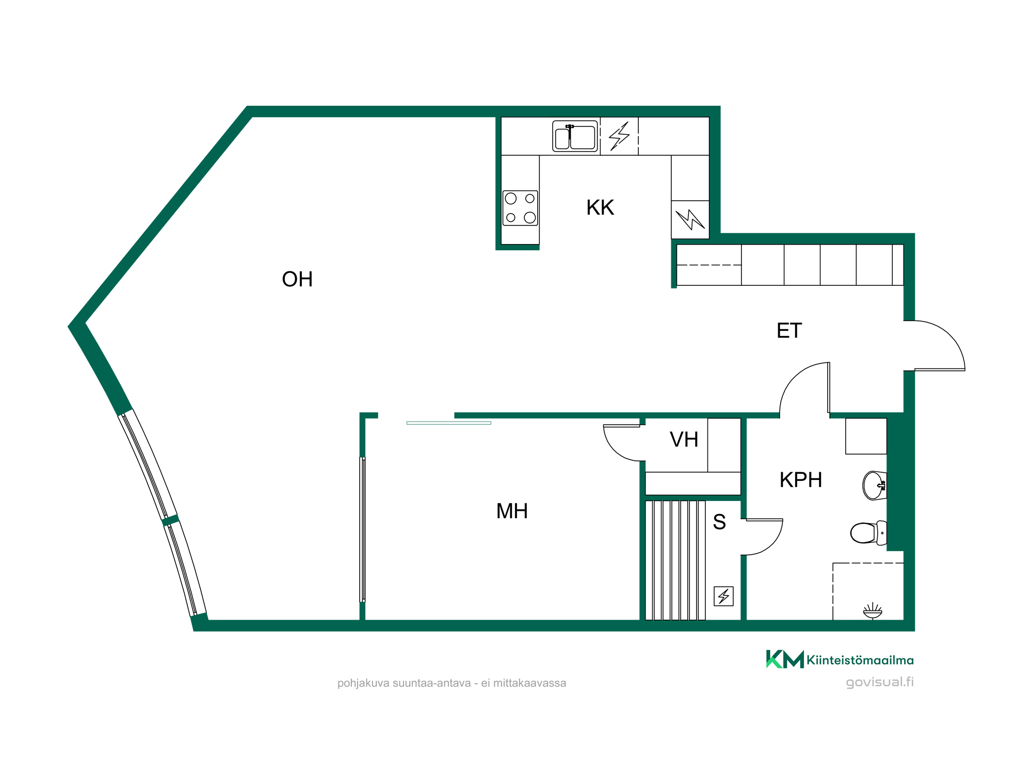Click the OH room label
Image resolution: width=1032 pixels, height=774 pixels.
[297, 279]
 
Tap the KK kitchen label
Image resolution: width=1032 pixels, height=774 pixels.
[600, 207]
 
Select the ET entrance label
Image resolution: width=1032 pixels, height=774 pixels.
[789, 331]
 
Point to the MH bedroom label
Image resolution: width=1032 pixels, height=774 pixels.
[512, 511]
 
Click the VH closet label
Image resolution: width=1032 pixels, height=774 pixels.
[684, 440]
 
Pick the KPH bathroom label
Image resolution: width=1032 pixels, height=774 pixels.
[800, 480]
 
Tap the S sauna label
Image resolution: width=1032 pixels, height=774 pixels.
[719, 522]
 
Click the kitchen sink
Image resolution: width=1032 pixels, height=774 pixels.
[575, 136]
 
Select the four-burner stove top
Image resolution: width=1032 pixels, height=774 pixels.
[520, 208]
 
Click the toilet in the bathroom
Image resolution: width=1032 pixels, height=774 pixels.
[868, 533]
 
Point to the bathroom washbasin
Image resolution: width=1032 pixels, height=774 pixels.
[875, 486]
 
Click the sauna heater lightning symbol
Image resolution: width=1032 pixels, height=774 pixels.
[723, 596]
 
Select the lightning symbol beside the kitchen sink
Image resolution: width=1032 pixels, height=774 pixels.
[619, 136]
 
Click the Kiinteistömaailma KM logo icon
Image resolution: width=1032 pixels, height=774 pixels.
[785, 659]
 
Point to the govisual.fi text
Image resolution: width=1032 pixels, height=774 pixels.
[880, 682]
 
